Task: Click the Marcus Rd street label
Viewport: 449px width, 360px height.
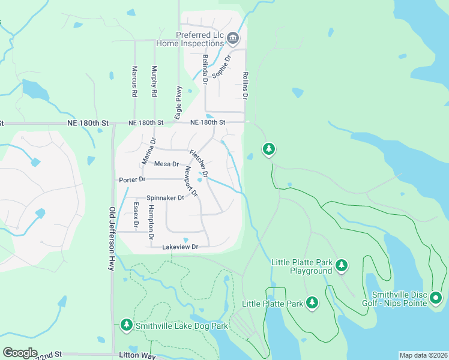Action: click(134, 82)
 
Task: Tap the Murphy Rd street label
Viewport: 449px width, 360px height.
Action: click(154, 82)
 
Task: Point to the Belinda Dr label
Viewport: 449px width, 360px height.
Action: click(205, 68)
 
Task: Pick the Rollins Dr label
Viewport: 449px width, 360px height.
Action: click(246, 85)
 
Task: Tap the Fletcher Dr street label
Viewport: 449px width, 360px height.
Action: click(199, 163)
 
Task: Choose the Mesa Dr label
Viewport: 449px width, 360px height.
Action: click(166, 164)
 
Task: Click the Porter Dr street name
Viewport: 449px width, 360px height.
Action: click(132, 179)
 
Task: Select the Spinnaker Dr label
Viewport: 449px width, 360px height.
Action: click(165, 198)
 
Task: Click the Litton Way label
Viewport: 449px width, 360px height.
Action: click(141, 355)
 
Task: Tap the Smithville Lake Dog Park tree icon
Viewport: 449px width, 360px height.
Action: click(126, 325)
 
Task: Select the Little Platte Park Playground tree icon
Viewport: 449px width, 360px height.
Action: click(342, 265)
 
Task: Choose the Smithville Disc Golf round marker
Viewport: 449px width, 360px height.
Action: click(436, 297)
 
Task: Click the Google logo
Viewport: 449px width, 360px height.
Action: click(20, 353)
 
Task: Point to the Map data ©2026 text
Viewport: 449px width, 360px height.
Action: click(423, 355)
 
